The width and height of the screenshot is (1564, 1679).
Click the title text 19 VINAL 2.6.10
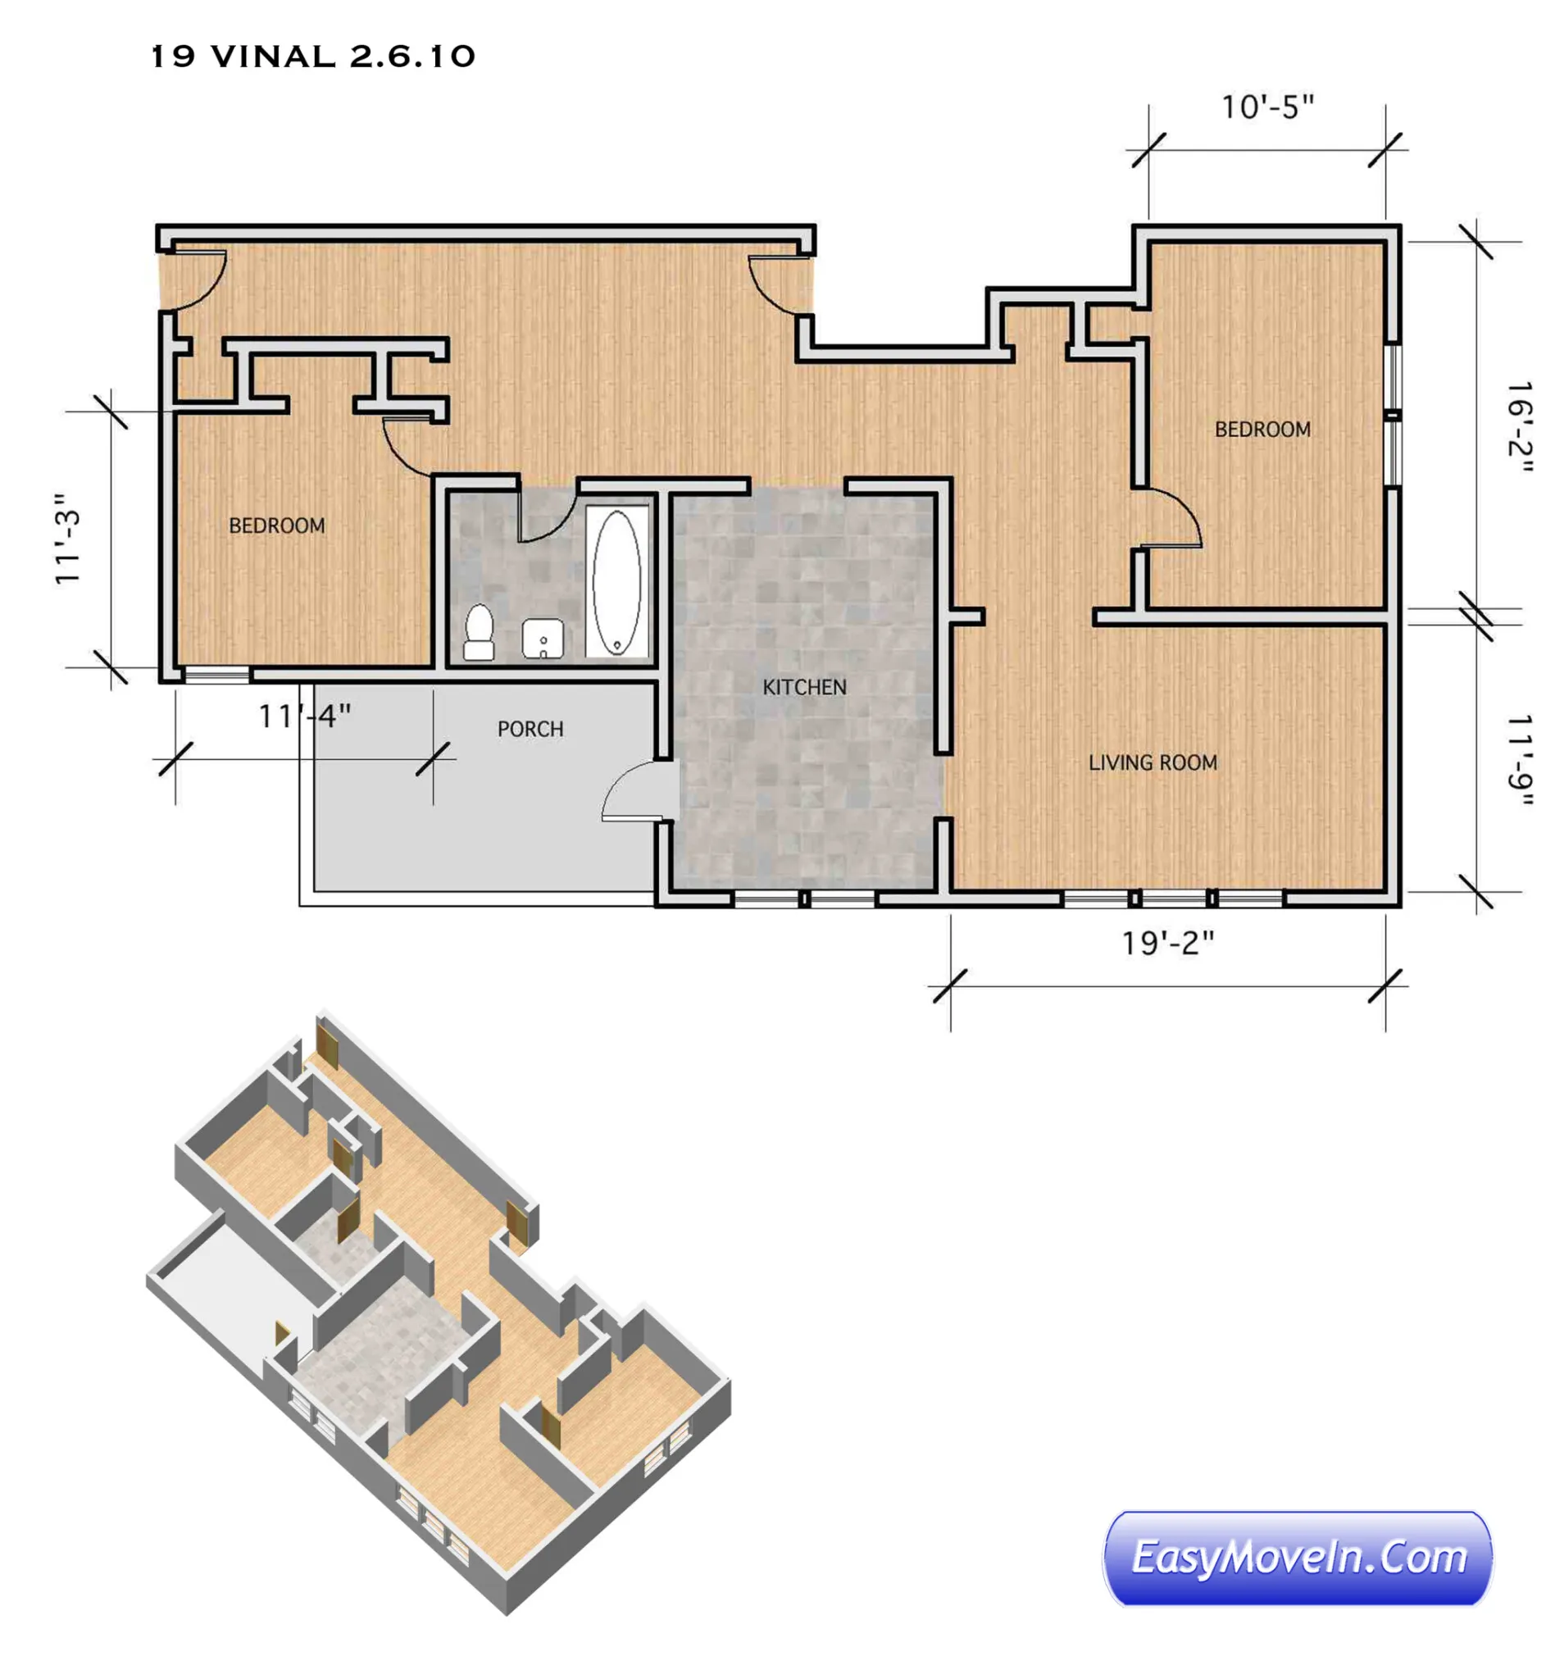point(312,57)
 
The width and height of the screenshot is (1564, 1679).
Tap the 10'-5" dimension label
point(1267,108)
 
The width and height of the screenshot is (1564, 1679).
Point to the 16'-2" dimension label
point(1519,427)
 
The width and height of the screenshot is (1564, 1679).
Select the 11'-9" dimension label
point(1519,760)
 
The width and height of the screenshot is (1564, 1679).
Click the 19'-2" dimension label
point(1167,944)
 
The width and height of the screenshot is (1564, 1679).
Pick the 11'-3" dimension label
point(66,539)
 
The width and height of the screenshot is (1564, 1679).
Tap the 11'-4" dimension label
point(304,717)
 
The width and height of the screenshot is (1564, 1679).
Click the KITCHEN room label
point(804,688)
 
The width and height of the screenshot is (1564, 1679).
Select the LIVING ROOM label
point(1153,762)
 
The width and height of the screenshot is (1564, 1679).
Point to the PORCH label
point(530,729)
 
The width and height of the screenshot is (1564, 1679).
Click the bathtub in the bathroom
point(616,582)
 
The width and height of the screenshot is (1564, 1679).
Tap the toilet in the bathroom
point(479,632)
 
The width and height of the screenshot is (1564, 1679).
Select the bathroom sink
point(542,639)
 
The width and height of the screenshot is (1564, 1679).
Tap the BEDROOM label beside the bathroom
point(277,526)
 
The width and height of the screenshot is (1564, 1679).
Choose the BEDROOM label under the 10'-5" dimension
point(1262,429)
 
